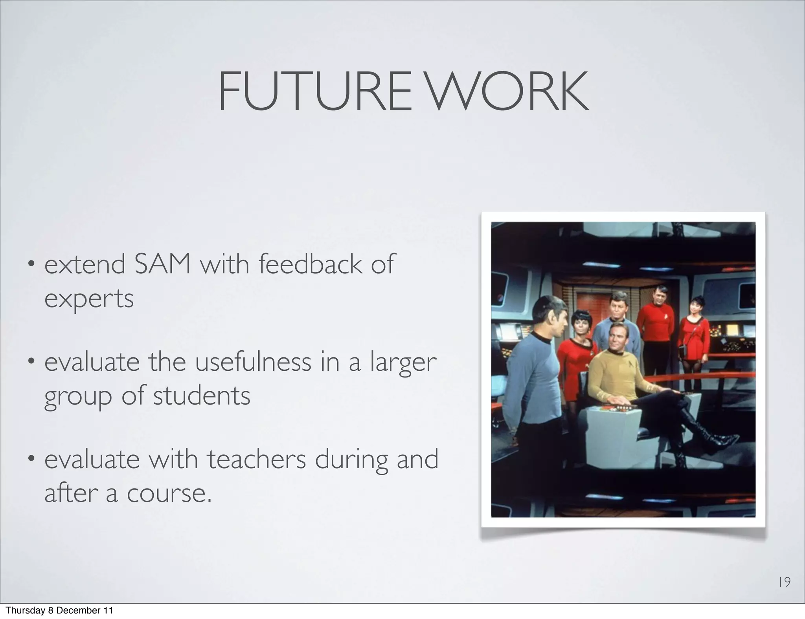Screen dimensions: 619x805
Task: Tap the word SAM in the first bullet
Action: click(162, 264)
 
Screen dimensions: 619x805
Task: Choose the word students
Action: click(201, 396)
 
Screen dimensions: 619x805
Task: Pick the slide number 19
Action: click(785, 582)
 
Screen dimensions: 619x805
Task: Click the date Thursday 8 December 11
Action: click(59, 610)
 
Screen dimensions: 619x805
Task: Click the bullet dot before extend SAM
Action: click(30, 265)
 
